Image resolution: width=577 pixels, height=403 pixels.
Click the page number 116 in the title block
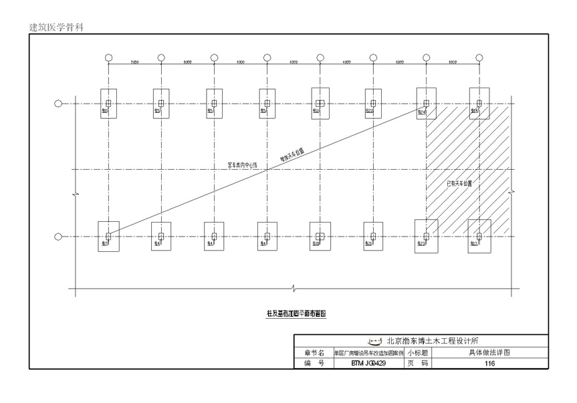[490, 364]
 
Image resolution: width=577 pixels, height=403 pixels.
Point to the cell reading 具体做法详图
[489, 353]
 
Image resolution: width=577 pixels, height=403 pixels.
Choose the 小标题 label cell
[418, 353]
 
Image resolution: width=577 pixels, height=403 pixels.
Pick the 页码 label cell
[418, 364]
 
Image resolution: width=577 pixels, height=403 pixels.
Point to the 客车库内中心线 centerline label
[243, 164]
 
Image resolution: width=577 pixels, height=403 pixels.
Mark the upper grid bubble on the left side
[58, 104]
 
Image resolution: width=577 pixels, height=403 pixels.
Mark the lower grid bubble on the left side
[58, 236]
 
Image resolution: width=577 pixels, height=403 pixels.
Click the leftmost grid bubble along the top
[108, 57]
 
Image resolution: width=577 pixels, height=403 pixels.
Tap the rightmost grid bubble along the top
[479, 57]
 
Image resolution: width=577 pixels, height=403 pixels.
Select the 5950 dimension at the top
[134, 62]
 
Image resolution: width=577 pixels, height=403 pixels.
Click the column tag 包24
[423, 111]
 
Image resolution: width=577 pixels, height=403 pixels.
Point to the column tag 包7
[105, 243]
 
